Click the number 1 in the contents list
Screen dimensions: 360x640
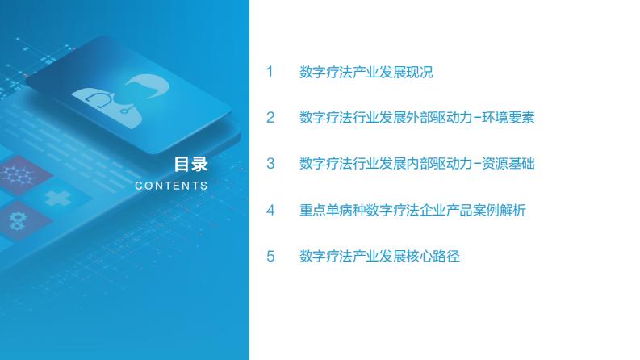pyautogui.click(x=270, y=72)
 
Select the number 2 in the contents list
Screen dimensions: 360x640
pyautogui.click(x=270, y=118)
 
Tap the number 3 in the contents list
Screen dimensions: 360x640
pyautogui.click(x=270, y=164)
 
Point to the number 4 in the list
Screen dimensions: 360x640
pyautogui.click(x=270, y=210)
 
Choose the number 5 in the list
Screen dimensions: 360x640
pyautogui.click(x=270, y=257)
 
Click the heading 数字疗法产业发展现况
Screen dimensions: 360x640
pyautogui.click(x=366, y=72)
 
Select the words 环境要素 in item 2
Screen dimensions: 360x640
pyautogui.click(x=508, y=118)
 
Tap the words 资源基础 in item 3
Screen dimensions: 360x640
pyautogui.click(x=508, y=164)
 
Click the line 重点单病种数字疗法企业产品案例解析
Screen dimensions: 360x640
pyautogui.click(x=412, y=210)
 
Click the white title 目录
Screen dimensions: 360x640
pyautogui.click(x=190, y=164)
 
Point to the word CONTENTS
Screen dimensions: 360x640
pyautogui.click(x=171, y=186)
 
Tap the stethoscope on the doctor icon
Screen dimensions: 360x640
pyautogui.click(x=100, y=100)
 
